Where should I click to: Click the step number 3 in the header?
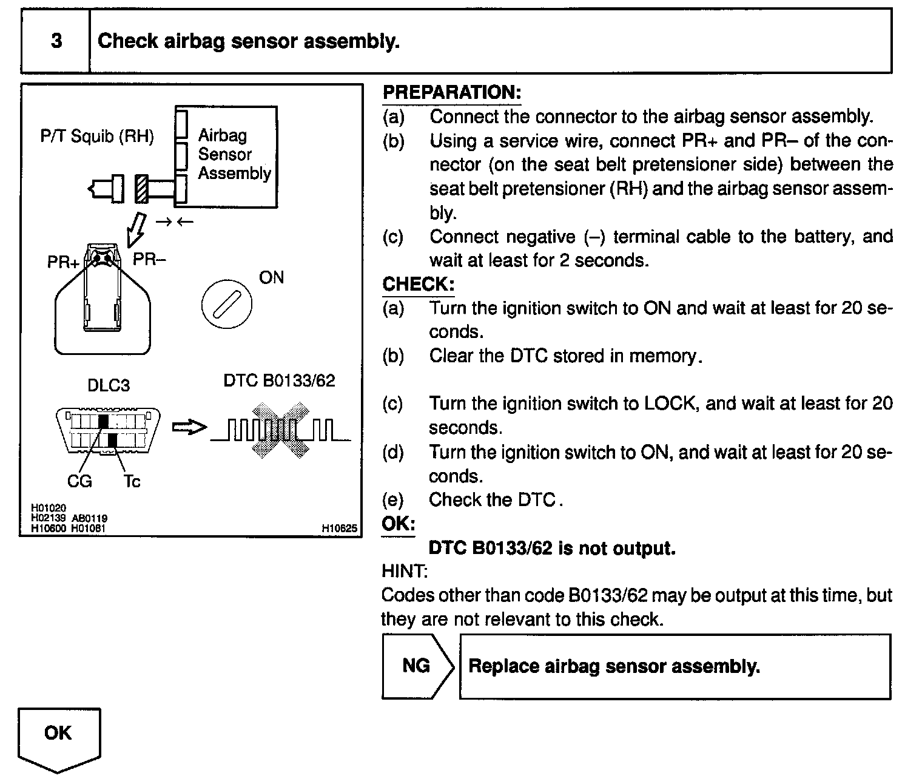pos(56,41)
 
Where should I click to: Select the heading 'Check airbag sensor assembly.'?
pos(248,41)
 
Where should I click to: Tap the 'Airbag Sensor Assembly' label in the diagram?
pos(234,154)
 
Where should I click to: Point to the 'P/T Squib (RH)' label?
pos(97,136)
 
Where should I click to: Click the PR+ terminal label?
pos(63,263)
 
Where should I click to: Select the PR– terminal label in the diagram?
pos(149,259)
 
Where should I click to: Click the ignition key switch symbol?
pos(226,303)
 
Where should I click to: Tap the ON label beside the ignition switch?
pos(271,277)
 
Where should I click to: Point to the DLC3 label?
pos(109,385)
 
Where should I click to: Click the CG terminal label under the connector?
pos(79,481)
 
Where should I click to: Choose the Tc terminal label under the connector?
pos(132,481)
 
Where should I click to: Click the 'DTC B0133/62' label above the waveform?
pos(279,380)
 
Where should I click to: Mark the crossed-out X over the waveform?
pos(280,429)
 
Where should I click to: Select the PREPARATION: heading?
pos(451,92)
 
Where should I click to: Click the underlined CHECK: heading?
pos(418,284)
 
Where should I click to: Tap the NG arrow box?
pos(417,666)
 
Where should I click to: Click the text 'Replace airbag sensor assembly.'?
pos(614,666)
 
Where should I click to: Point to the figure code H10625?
pos(339,529)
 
